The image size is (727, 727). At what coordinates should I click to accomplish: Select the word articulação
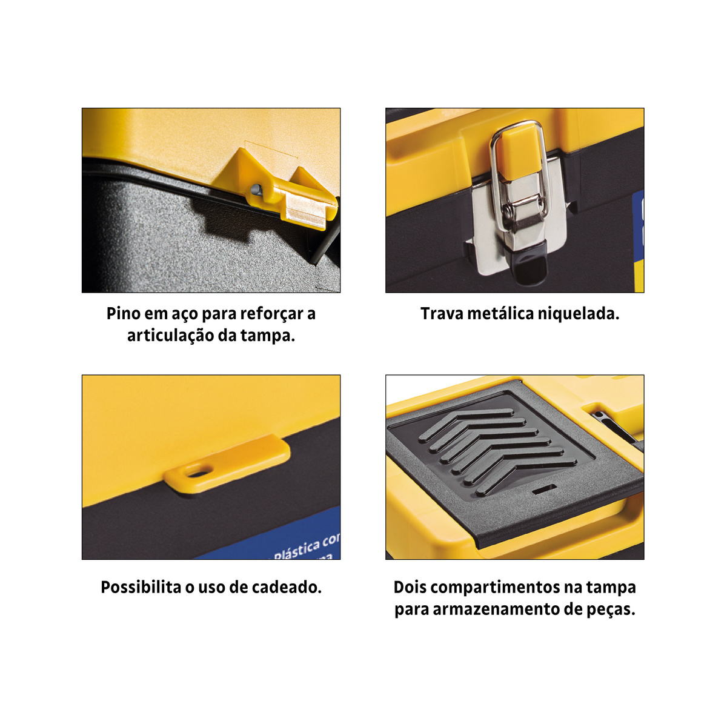point(170,336)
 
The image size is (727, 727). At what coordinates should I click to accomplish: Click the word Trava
point(442,314)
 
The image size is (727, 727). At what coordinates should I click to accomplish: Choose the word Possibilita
point(141,588)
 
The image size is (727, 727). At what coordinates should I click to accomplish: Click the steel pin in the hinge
point(256,189)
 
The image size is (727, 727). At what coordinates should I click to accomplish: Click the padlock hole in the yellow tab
point(199,471)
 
